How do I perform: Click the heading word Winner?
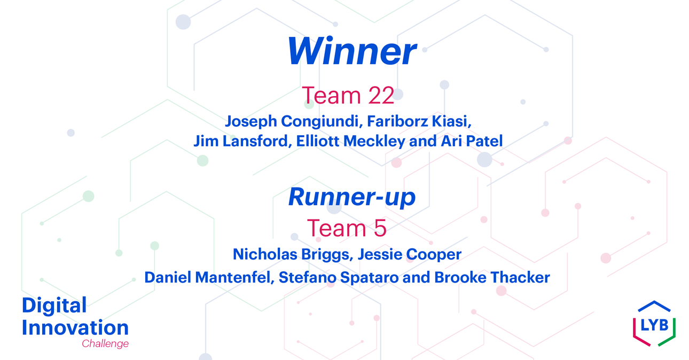pos(352,51)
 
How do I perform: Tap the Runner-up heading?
pos(352,197)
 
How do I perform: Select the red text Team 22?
pos(348,96)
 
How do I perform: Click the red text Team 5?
pos(347,228)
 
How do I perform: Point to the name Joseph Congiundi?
pos(292,121)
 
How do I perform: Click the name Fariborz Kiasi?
pos(419,121)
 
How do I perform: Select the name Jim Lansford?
pos(240,141)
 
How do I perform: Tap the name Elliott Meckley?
pos(351,141)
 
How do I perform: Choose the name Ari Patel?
pos(472,141)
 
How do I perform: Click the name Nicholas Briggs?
pos(291,254)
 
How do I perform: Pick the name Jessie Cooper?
pos(410,254)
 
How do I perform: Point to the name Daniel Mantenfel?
pos(209,277)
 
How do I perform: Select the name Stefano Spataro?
pos(339,278)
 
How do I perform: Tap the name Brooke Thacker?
pos(492,277)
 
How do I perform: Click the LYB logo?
pos(654,324)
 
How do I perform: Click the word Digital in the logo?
pos(54,306)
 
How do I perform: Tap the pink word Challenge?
pos(105,343)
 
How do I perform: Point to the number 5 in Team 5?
pos(380,228)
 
